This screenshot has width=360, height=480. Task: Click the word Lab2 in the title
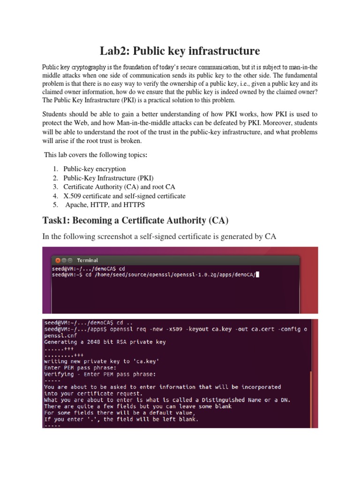[x=115, y=51]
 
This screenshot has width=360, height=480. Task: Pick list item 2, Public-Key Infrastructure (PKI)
[x=108, y=178]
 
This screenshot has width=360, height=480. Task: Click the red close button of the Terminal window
[x=58, y=260]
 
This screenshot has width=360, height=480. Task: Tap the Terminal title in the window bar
[x=88, y=260]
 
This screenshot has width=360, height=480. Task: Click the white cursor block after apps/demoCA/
[x=257, y=275]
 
